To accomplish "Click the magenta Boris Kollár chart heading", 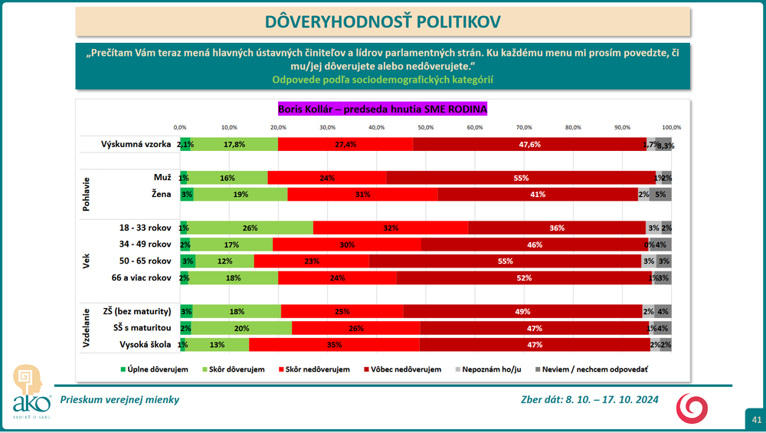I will tap(381, 109).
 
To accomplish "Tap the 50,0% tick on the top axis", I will tap(425, 127).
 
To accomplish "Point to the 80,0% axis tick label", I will tap(573, 127).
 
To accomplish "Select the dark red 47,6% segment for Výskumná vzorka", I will tap(529, 144).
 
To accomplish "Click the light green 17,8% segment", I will tap(234, 144).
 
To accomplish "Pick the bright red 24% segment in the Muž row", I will tap(327, 178).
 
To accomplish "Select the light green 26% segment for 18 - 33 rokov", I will tap(250, 228).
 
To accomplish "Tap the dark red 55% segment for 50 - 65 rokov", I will tap(505, 261).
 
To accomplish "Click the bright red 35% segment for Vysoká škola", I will tap(334, 344).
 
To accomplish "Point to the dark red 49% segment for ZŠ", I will tap(522, 311).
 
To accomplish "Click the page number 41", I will tap(756, 419).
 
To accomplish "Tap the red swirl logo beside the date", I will tap(692, 407).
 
